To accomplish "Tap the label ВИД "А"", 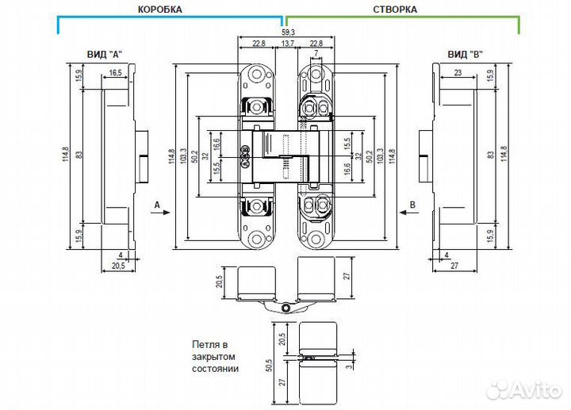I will coord(105,54).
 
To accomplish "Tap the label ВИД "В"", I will coord(466,54).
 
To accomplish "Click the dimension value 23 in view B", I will coord(458,72).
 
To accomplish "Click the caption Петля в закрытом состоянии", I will coord(215,357).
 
